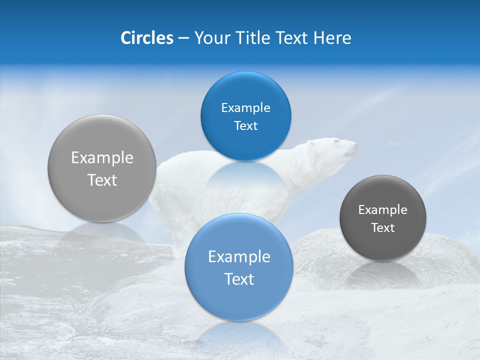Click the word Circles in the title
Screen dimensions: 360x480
coord(146,38)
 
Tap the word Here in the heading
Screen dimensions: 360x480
coord(332,38)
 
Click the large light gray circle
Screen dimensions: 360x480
coord(102,168)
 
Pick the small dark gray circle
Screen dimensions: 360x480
coord(383,218)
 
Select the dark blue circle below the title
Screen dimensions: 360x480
coord(245,116)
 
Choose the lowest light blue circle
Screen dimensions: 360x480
coord(239,267)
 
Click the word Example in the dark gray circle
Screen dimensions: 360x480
coord(383,210)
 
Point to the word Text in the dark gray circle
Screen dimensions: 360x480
coord(383,228)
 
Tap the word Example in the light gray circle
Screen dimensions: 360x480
coord(102,158)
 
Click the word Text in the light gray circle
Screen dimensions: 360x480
coord(102,180)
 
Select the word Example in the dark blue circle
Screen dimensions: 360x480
coord(245,108)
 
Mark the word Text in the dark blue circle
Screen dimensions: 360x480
coord(245,126)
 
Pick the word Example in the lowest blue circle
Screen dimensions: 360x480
coord(239,257)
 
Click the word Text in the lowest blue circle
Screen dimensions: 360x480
coord(239,279)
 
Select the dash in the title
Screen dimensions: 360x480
coord(183,38)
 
